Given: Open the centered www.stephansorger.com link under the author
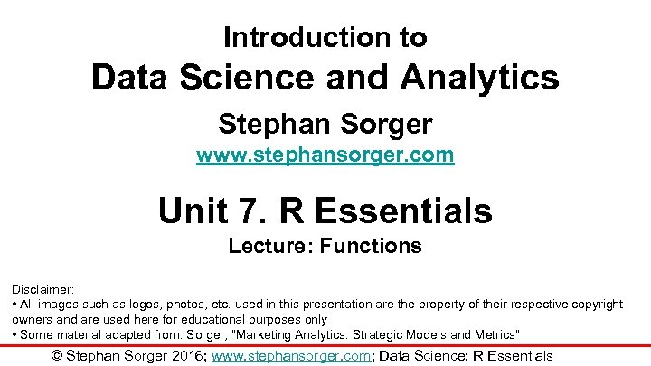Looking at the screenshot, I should (x=325, y=155).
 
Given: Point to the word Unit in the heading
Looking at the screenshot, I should (x=191, y=211).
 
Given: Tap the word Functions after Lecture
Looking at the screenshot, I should (x=377, y=246).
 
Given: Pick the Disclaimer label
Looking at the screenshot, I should (x=42, y=289).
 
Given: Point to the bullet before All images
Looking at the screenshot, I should (x=14, y=305).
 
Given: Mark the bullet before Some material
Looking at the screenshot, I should (x=14, y=334).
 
